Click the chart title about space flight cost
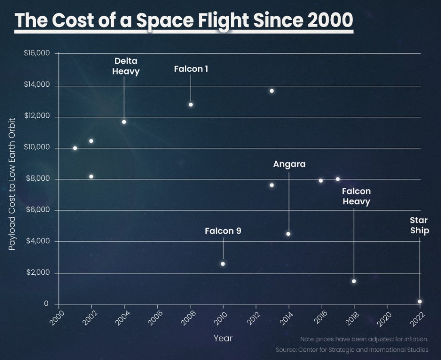(x=183, y=20)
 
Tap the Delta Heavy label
(x=126, y=66)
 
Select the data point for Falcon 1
(x=191, y=104)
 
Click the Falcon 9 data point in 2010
(x=223, y=263)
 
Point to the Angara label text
(x=289, y=164)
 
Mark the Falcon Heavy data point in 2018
(x=354, y=281)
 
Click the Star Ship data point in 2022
(x=419, y=301)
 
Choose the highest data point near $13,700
(x=272, y=91)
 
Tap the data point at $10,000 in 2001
(x=75, y=148)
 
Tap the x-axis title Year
(x=223, y=338)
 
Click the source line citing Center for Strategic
(x=352, y=349)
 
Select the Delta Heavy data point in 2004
(x=124, y=122)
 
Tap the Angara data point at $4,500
(x=288, y=234)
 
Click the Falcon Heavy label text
(x=356, y=196)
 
